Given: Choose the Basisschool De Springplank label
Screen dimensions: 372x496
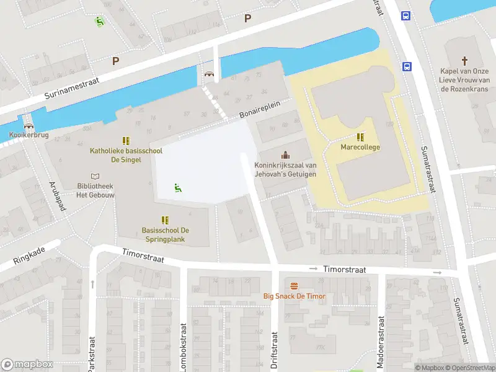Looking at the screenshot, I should point(165,234).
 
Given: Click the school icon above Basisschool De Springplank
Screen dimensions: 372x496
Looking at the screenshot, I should point(165,219).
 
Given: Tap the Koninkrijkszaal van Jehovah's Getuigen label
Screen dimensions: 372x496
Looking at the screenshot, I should point(285,169).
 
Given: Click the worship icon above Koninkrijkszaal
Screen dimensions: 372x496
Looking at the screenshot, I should point(285,154).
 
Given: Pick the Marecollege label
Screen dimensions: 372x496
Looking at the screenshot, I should point(360,148).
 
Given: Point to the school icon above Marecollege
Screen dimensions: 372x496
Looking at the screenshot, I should point(360,137).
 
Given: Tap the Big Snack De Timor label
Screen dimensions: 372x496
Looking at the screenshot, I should point(294,296).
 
